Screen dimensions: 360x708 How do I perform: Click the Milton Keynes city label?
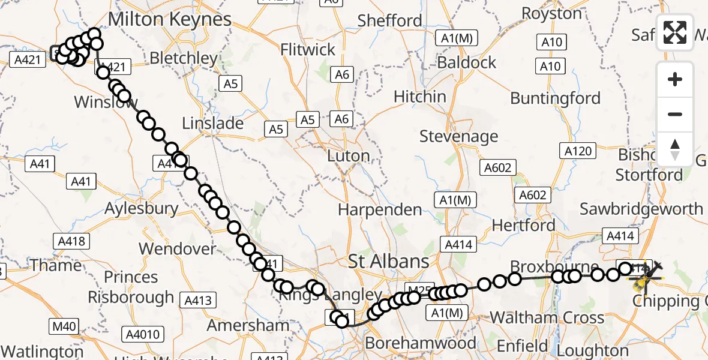169,19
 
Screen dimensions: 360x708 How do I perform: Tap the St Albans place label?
389,261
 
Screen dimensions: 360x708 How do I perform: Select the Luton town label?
348,156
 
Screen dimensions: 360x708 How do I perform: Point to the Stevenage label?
458,136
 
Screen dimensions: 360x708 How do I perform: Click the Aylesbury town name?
142,209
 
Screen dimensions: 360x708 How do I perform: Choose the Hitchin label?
420,96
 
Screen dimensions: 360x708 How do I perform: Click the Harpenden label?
380,209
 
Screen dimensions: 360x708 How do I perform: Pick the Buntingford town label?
555,98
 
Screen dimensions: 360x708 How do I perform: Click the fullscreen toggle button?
675,32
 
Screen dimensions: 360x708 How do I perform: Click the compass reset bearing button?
675,149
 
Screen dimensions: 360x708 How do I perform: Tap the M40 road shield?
64,326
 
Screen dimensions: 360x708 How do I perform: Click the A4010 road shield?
142,334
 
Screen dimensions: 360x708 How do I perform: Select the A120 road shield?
577,151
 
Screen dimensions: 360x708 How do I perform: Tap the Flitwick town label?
308,49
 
